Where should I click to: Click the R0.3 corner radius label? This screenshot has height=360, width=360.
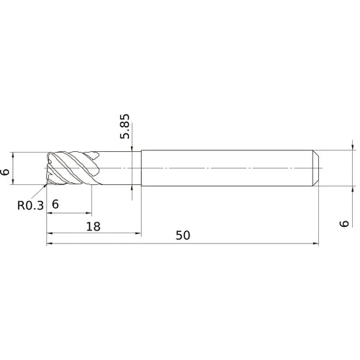click(30, 205)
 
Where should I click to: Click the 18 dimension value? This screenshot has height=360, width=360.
click(93, 225)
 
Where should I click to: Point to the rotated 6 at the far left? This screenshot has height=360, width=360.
click(6, 171)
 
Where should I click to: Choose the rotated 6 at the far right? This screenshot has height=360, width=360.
click(344, 224)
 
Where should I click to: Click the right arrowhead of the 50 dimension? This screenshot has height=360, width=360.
click(316, 244)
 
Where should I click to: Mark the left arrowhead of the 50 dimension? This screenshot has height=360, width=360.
click(50, 244)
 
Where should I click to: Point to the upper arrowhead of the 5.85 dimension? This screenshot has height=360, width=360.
click(132, 148)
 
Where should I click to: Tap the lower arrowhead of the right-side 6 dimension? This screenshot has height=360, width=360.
click(354, 189)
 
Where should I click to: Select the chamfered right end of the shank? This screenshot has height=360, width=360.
click(315, 168)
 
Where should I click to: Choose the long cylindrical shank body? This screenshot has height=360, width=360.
click(227, 168)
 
